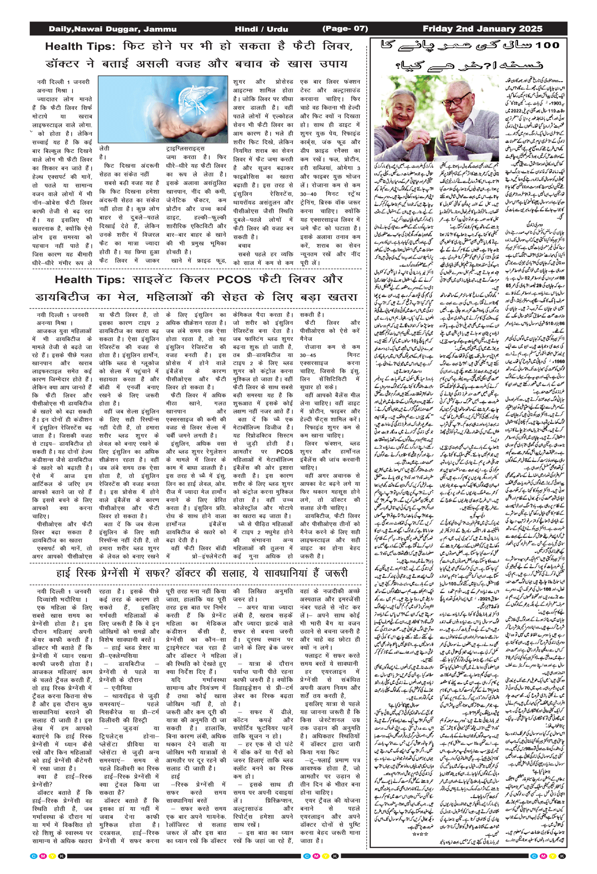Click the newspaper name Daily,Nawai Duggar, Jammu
[x=112, y=29]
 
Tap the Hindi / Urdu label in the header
[x=261, y=29]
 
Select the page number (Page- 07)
[x=345, y=29]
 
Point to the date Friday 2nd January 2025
[x=482, y=29]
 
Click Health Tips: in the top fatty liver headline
[x=80, y=47]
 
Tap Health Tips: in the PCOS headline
[x=90, y=280]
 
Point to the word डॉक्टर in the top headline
[x=62, y=64]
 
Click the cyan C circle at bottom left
[x=34, y=856]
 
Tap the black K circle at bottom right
[x=562, y=856]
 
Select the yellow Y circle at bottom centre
[x=326, y=856]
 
